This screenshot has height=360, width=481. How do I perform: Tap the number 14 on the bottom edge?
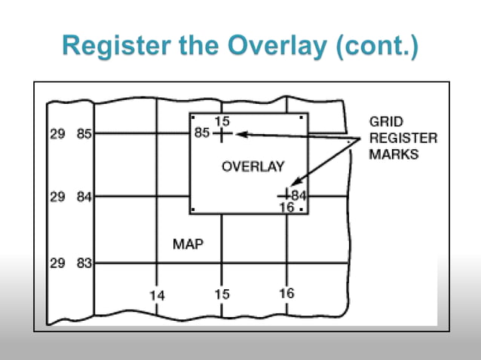click(156, 295)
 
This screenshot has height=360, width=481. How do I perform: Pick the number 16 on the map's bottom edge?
click(286, 294)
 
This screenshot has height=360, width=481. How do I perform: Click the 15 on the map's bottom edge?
click(222, 294)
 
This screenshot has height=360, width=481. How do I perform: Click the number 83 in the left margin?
click(84, 264)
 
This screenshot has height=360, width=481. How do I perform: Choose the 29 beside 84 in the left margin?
click(57, 197)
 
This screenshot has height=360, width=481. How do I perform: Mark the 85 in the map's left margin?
click(84, 135)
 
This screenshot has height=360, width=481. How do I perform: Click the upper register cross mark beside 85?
click(222, 134)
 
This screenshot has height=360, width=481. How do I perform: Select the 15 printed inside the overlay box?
click(222, 121)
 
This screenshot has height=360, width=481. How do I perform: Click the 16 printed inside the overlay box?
click(286, 207)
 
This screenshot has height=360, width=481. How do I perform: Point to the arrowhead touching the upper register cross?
click(240, 134)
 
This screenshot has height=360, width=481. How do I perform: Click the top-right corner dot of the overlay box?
click(302, 117)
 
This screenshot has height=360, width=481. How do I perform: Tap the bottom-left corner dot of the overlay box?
click(194, 209)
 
